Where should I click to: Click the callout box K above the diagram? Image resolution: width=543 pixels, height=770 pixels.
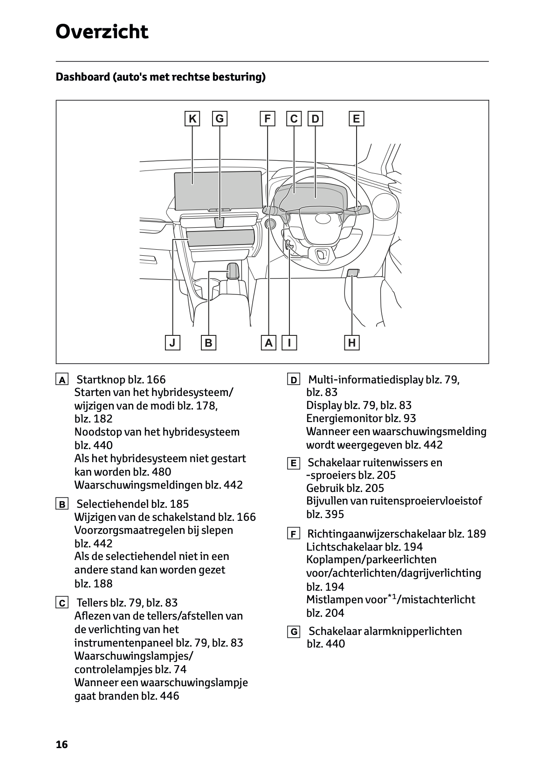click(x=192, y=119)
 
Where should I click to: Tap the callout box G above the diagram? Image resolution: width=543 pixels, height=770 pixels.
click(x=219, y=119)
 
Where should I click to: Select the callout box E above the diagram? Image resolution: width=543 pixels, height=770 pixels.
click(x=356, y=119)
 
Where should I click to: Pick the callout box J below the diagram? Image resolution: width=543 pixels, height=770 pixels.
click(x=172, y=343)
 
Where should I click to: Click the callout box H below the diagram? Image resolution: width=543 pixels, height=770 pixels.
click(x=352, y=343)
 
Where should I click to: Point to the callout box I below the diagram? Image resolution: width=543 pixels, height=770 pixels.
click(x=289, y=343)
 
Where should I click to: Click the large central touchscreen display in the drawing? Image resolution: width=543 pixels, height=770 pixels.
click(x=217, y=190)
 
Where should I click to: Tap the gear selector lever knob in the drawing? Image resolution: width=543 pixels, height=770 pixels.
click(x=233, y=270)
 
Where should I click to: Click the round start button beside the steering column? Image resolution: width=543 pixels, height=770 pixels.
click(x=270, y=224)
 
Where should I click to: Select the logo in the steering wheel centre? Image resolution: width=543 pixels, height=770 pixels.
click(x=322, y=218)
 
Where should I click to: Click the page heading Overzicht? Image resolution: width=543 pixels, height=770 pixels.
click(x=102, y=32)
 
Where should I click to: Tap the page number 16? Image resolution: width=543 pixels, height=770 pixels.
click(x=62, y=744)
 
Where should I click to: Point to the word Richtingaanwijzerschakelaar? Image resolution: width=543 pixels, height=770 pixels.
click(x=376, y=534)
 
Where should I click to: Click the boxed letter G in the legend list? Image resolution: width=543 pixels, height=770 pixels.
click(x=294, y=632)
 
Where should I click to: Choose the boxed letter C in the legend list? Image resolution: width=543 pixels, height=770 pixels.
click(x=62, y=603)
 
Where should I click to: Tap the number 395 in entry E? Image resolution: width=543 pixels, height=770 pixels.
click(x=334, y=514)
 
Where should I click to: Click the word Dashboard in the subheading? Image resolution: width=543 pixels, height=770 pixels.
click(x=82, y=77)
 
